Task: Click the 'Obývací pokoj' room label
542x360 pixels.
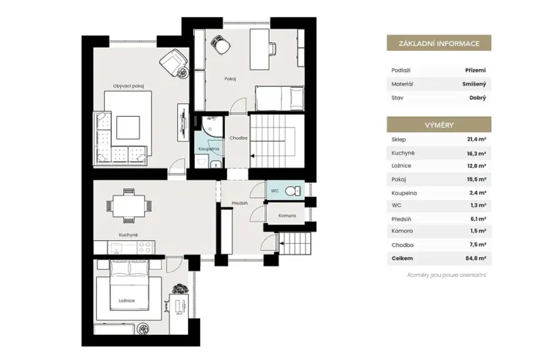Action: click(x=129, y=86)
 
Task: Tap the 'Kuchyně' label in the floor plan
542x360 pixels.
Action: click(x=128, y=235)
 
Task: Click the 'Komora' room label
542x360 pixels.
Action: click(x=287, y=217)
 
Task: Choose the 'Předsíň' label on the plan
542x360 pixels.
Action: click(x=239, y=204)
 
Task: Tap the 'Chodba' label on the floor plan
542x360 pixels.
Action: click(x=238, y=138)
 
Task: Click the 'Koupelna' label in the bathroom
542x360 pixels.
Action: click(x=208, y=148)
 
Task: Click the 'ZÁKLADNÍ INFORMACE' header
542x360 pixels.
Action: click(x=439, y=45)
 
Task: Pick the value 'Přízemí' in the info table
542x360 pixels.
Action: click(x=475, y=70)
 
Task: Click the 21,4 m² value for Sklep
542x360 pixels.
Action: click(x=475, y=140)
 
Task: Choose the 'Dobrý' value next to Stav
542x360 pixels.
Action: click(x=477, y=98)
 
